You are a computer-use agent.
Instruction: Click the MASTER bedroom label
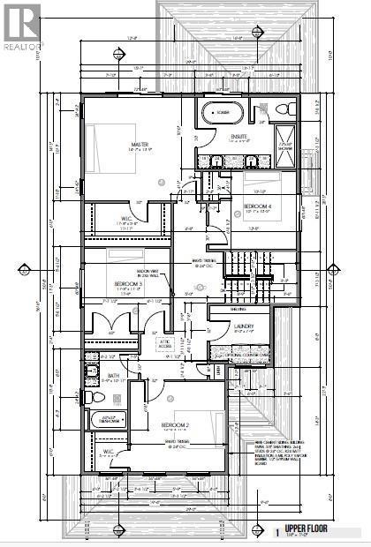137,145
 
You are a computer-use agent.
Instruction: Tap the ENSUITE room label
238,136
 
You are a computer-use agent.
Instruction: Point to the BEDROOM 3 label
129,283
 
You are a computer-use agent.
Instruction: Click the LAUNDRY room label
245,326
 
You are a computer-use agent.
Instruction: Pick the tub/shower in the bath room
109,419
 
